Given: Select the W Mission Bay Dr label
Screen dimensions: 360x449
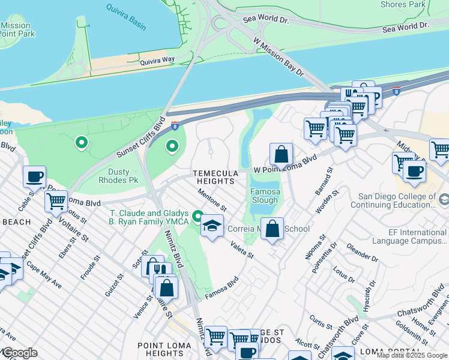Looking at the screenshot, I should (x=279, y=57).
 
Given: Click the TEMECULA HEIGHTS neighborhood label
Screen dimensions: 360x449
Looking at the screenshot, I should (x=213, y=177).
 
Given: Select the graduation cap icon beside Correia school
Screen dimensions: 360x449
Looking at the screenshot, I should (x=212, y=226).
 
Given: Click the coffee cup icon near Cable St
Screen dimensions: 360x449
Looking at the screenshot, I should (x=35, y=176).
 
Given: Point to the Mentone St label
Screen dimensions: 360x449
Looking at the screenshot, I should (x=213, y=199).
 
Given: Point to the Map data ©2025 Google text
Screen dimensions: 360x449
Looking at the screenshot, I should (x=412, y=355).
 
